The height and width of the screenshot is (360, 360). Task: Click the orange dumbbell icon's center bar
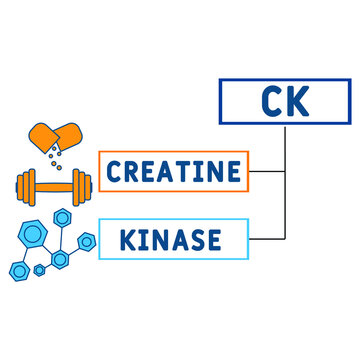55,185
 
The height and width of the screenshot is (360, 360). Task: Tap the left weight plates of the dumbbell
29,185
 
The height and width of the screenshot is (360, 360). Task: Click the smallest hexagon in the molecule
39,269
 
